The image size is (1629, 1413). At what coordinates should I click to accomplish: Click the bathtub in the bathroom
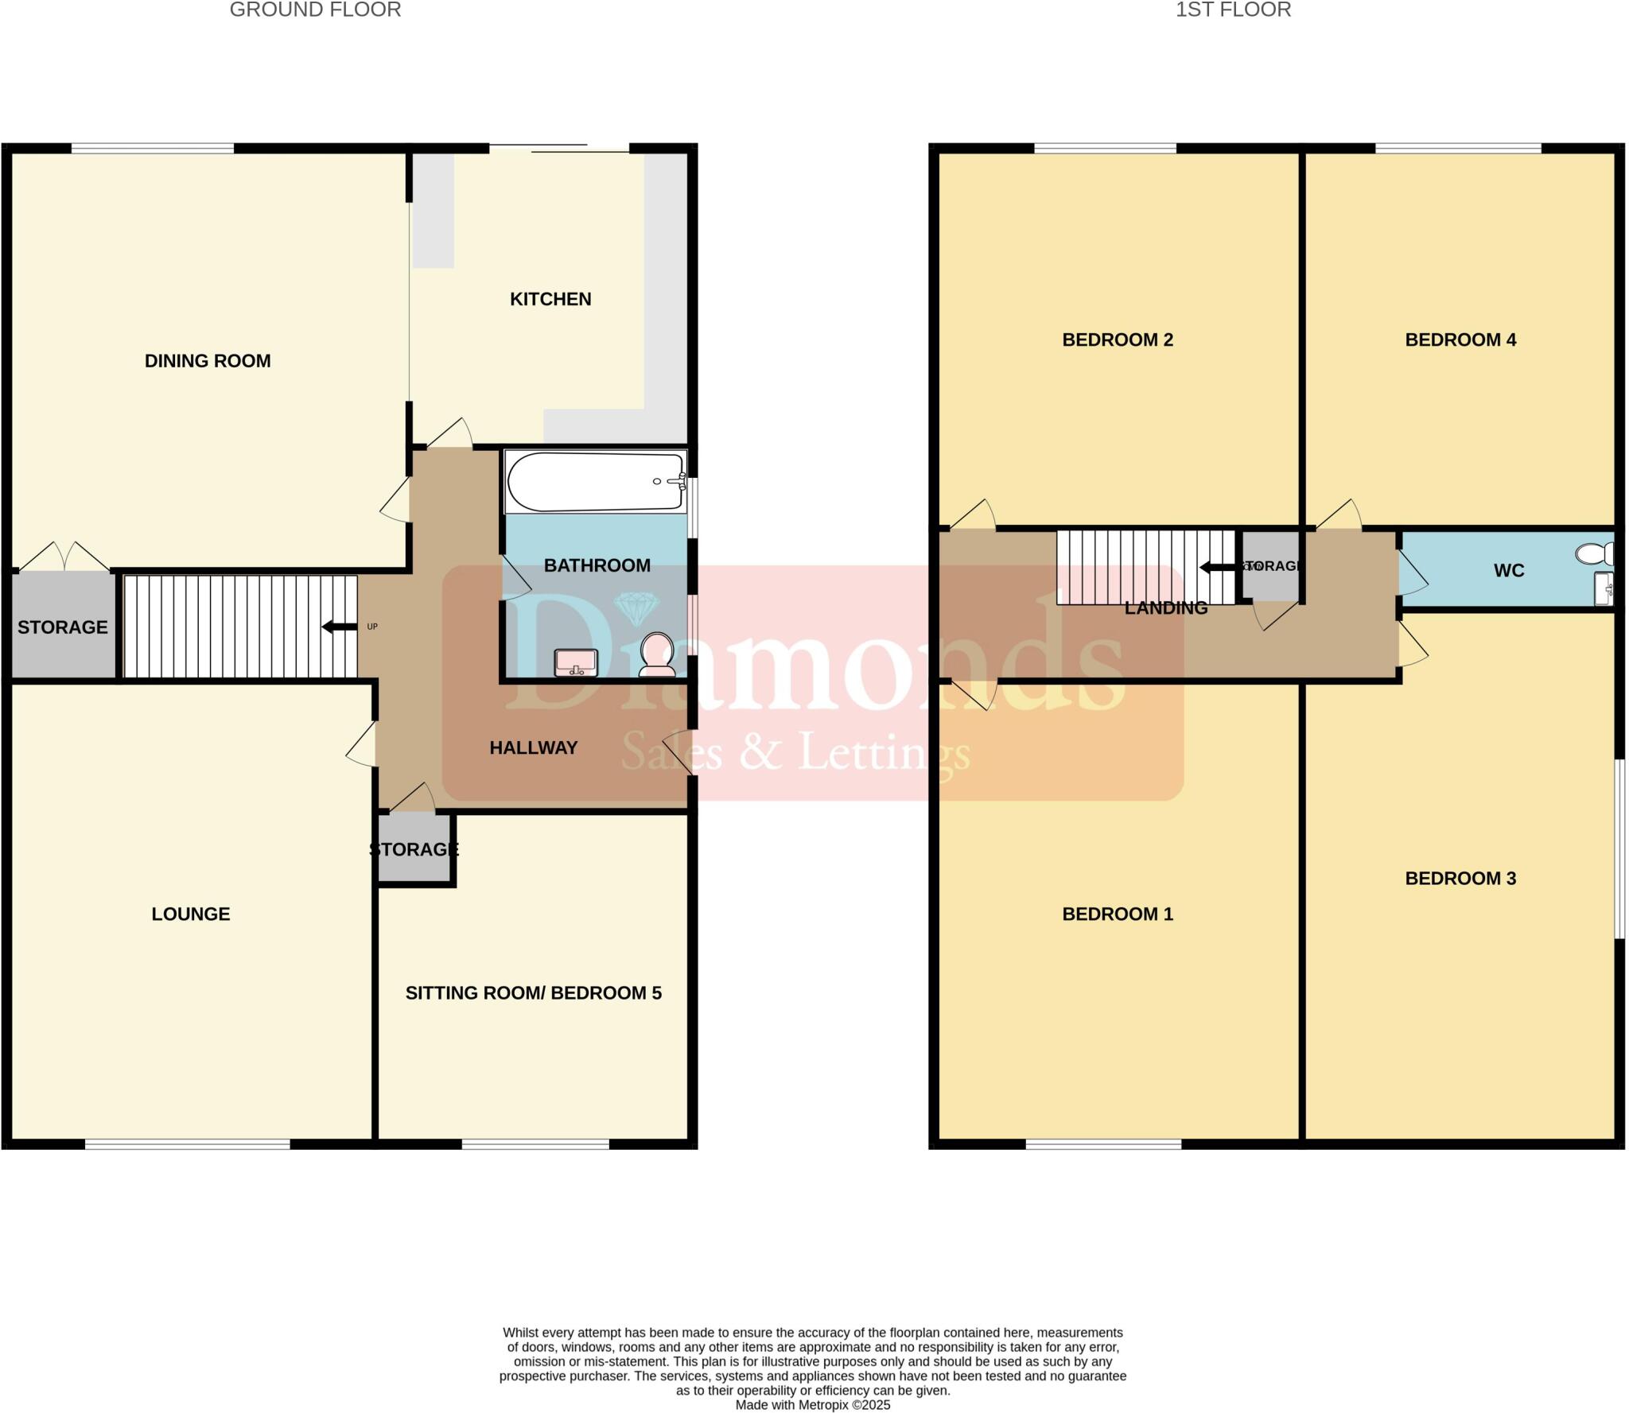click(x=595, y=482)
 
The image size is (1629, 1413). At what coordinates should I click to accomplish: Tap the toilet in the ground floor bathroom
click(x=657, y=654)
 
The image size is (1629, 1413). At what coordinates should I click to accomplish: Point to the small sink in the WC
click(x=1604, y=589)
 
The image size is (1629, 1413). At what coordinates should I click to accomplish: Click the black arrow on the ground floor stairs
click(x=340, y=627)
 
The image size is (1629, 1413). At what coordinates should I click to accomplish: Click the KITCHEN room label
click(x=550, y=300)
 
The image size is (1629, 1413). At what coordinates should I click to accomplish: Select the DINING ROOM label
click(x=208, y=361)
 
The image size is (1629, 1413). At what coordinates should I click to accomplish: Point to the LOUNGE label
click(x=191, y=914)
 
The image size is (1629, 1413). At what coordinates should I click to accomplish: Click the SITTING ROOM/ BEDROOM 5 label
click(x=533, y=993)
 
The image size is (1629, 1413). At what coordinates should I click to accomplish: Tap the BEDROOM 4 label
click(x=1460, y=340)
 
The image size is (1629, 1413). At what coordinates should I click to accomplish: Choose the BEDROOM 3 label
click(x=1460, y=879)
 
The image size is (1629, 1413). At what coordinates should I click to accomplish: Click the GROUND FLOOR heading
click(x=315, y=10)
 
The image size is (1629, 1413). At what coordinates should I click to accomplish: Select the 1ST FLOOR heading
click(x=1233, y=10)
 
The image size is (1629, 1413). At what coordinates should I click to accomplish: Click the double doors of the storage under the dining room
click(x=64, y=557)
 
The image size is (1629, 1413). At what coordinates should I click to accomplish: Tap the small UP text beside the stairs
click(x=372, y=627)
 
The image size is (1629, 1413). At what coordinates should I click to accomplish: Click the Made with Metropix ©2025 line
click(x=812, y=1405)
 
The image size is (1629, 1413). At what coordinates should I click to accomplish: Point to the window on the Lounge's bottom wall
click(x=188, y=1144)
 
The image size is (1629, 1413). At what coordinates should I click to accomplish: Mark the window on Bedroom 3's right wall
click(x=1619, y=849)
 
